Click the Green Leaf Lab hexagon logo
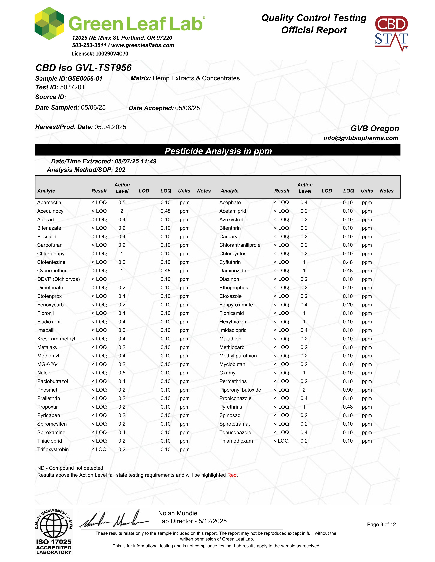tap(49, 23)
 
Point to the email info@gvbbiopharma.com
tap(361, 138)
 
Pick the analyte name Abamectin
tap(49, 202)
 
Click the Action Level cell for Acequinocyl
tap(122, 211)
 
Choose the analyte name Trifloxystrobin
tap(53, 450)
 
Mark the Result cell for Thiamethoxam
tap(281, 441)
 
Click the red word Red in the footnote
tap(232, 475)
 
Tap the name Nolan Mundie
tap(178, 513)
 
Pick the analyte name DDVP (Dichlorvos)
tap(59, 279)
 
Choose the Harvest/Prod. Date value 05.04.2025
tap(110, 127)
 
